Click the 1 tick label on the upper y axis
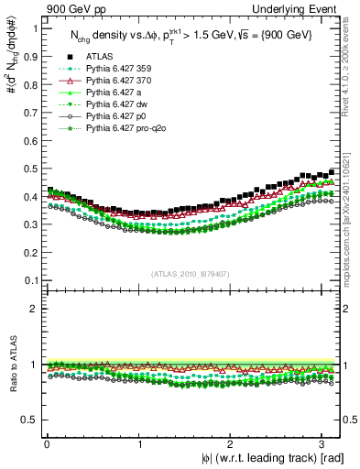35,27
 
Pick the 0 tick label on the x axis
46,442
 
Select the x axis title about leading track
273,457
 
